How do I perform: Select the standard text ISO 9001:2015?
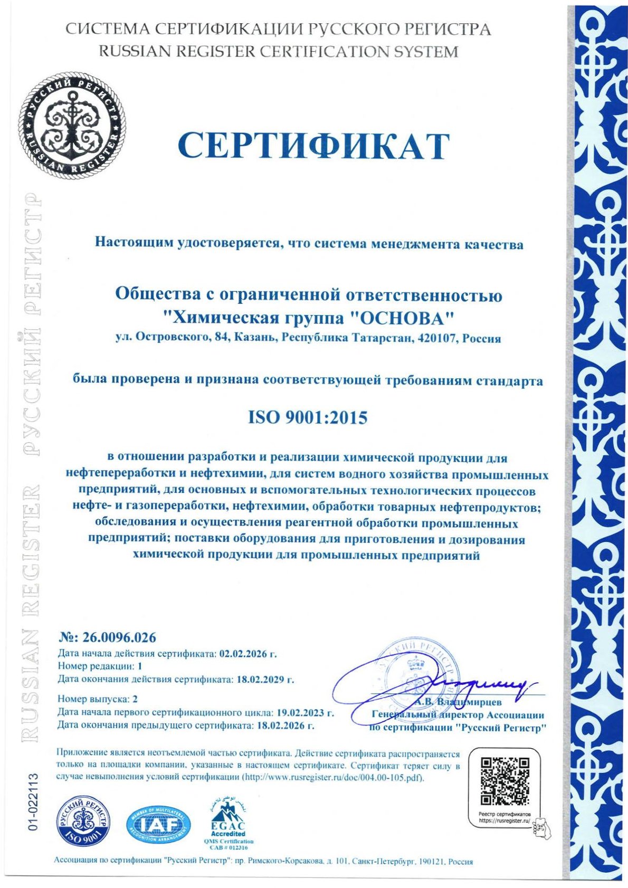pyautogui.click(x=308, y=418)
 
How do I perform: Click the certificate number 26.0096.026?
pyautogui.click(x=119, y=637)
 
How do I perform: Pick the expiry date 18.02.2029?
pyautogui.click(x=261, y=679)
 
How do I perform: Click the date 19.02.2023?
pyautogui.click(x=301, y=713)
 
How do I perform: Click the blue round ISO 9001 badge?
pyautogui.click(x=84, y=822)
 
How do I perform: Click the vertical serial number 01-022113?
pyautogui.click(x=34, y=803)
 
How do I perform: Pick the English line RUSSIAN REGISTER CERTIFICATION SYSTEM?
pyautogui.click(x=279, y=52)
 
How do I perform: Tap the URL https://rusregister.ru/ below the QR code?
pyautogui.click(x=503, y=821)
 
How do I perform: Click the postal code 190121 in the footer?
pyautogui.click(x=431, y=862)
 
